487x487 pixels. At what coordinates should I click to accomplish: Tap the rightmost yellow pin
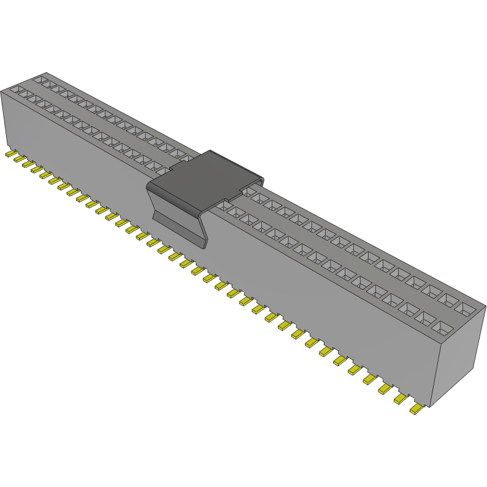point(417,409)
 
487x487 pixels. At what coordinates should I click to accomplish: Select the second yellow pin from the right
point(401,399)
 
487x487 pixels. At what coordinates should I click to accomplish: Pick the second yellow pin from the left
point(18,158)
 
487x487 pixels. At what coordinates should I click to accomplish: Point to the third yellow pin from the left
point(27,163)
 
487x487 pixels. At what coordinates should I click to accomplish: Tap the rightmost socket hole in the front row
point(443,331)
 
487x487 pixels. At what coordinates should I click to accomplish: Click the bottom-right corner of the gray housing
point(431,407)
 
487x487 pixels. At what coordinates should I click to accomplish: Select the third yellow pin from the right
point(386,389)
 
